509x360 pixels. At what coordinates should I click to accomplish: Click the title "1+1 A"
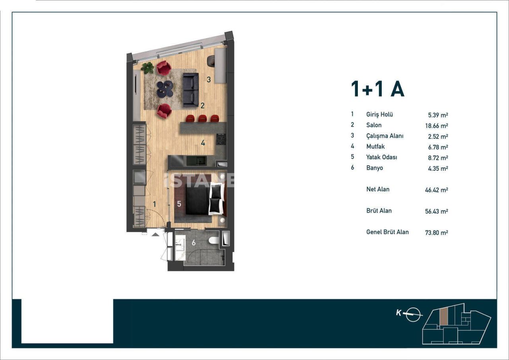[x=377, y=89]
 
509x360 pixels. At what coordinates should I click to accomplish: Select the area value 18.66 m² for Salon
[x=436, y=126]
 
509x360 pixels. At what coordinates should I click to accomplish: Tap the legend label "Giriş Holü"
[x=379, y=115]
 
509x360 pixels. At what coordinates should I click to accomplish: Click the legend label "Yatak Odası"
[x=381, y=157]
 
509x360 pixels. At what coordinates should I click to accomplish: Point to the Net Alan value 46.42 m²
[x=436, y=190]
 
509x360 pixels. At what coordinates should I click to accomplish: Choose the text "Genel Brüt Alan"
[x=387, y=232]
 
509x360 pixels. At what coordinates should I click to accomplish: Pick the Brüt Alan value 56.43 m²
[x=436, y=211]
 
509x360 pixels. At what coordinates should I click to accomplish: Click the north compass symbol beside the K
[x=414, y=314]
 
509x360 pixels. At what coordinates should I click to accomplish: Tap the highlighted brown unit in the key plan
[x=443, y=316]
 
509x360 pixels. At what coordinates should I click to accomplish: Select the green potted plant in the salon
[x=148, y=68]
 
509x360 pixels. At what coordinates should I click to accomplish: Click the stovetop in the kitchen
[x=221, y=140]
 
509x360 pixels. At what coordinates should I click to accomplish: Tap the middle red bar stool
[x=203, y=118]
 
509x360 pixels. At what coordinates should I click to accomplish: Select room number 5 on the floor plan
[x=179, y=204]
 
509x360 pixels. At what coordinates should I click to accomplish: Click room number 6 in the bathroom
[x=194, y=243]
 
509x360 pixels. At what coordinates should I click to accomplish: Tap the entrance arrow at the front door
[x=156, y=234]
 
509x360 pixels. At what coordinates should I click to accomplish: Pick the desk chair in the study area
[x=211, y=60]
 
